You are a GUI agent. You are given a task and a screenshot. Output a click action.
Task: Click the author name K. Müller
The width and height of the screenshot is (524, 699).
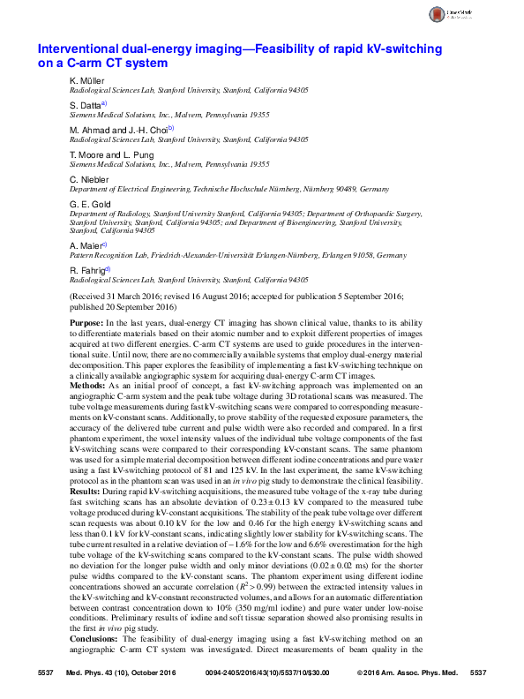[86, 81]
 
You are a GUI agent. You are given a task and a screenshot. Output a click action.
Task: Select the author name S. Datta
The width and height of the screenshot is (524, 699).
[86, 106]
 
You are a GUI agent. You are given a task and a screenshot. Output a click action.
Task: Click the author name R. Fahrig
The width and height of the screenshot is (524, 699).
[87, 269]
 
